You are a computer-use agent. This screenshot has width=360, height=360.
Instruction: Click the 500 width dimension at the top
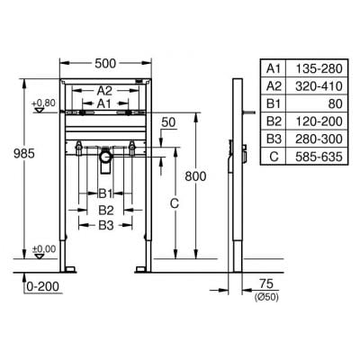point(105,63)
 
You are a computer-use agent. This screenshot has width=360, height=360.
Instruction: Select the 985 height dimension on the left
point(24,154)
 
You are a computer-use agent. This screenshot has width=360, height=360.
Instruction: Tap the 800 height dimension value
point(195,176)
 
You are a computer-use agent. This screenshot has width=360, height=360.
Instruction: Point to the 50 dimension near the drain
point(168,122)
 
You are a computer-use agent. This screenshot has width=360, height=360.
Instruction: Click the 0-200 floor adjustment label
point(43,286)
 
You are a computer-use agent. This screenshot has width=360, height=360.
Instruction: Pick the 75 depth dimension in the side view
point(266,283)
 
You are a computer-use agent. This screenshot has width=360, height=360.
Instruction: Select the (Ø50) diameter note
point(266,297)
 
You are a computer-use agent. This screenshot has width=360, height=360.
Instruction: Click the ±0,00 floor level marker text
point(44,249)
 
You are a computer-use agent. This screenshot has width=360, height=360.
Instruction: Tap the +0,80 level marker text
point(44,103)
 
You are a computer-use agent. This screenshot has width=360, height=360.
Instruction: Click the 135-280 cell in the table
point(319,68)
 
